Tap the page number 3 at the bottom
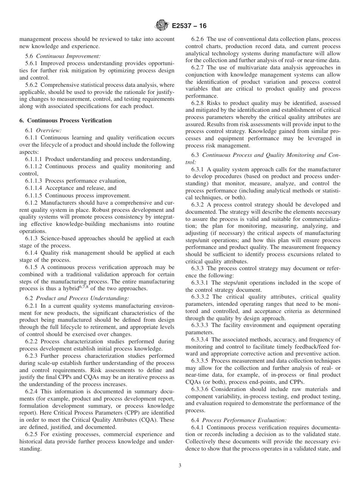pos(180,466)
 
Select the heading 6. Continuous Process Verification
pos(66,121)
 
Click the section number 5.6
pos(30,56)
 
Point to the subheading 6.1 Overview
pos(43,130)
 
